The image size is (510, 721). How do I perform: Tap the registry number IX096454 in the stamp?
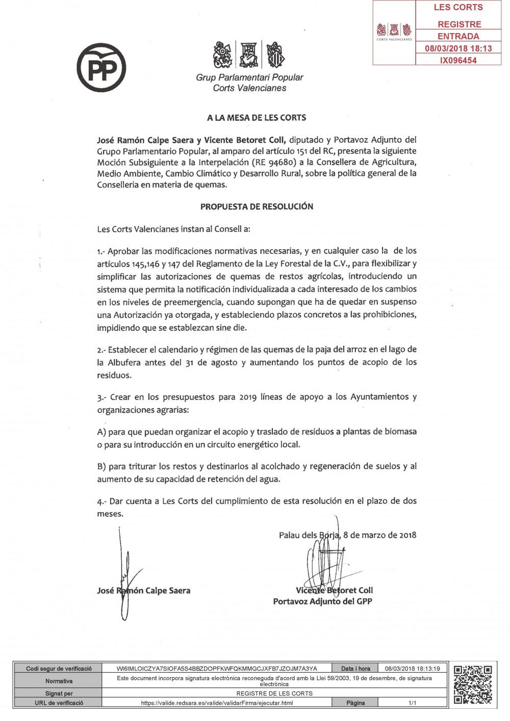[x=458, y=60]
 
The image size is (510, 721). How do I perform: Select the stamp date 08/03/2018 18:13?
[x=458, y=48]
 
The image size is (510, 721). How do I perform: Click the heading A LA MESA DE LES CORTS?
[x=257, y=118]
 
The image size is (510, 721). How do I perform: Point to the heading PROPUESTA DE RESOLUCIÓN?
[x=257, y=206]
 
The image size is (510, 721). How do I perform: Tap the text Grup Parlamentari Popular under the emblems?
[x=249, y=77]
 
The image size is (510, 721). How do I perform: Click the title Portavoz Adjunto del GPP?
[x=323, y=601]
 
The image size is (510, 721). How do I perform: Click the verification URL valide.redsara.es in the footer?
[x=217, y=703]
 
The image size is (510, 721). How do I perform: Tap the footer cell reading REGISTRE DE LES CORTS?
[x=274, y=693]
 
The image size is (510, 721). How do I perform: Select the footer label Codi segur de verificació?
[x=59, y=669]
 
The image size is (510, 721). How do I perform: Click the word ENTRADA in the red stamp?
[x=458, y=36]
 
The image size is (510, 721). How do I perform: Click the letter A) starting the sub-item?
[x=101, y=431]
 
